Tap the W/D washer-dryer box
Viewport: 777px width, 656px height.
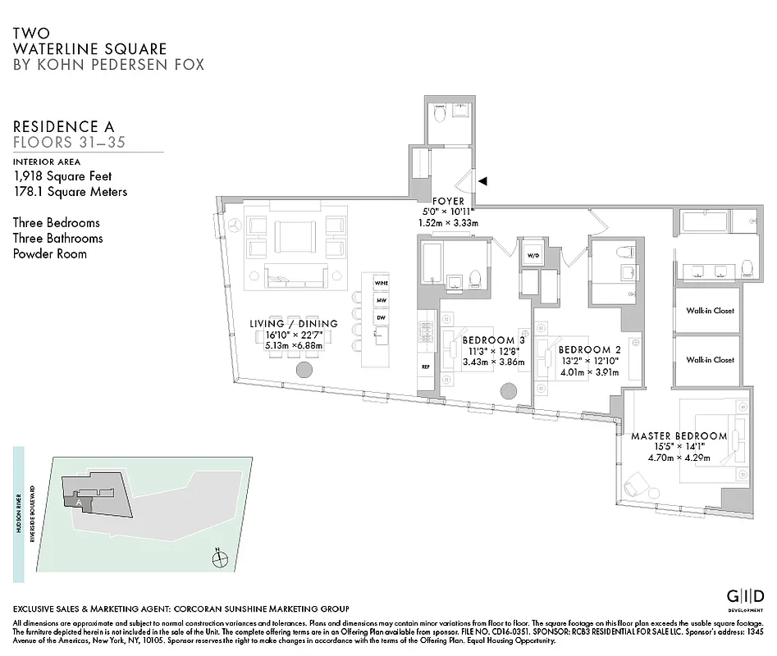click(532, 254)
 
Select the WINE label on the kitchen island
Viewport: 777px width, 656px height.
click(381, 283)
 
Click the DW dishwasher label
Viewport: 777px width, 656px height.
click(381, 317)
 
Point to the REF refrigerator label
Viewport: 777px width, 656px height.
click(426, 367)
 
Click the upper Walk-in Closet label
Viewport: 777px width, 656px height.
click(710, 311)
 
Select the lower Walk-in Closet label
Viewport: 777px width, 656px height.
click(710, 360)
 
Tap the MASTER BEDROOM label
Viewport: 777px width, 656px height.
click(679, 435)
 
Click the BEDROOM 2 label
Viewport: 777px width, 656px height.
click(584, 348)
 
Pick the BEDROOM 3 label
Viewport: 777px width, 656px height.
click(493, 339)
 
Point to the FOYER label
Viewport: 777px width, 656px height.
click(449, 201)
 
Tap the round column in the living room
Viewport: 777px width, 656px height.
click(304, 371)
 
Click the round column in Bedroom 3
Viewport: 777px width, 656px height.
click(510, 392)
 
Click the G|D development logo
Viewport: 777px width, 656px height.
click(747, 595)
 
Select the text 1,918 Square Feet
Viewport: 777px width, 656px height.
click(62, 176)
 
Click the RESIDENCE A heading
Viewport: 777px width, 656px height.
click(64, 126)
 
